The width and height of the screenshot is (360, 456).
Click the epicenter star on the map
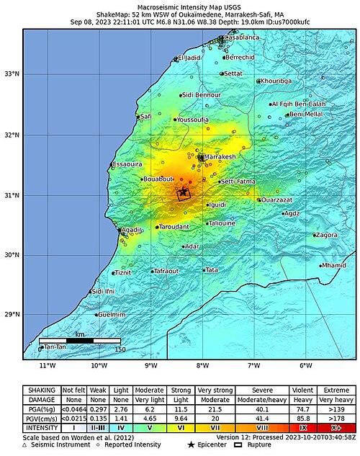click(x=184, y=192)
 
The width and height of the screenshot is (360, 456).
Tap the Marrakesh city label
click(x=220, y=157)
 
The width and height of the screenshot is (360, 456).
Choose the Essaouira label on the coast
click(x=127, y=165)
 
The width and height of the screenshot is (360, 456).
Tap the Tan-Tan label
click(x=55, y=347)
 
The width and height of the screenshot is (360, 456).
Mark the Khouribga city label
click(x=276, y=81)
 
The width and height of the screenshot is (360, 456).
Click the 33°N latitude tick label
click(x=12, y=74)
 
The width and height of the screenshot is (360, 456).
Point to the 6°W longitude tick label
click(x=305, y=365)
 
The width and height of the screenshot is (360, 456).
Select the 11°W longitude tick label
click(x=48, y=365)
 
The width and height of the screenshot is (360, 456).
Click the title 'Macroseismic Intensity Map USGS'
click(x=180, y=6)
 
